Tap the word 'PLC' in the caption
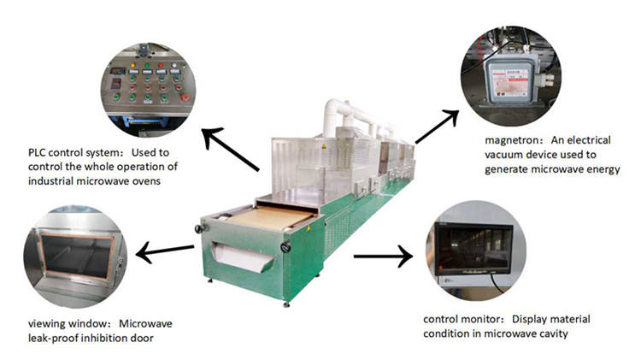tap(37, 152)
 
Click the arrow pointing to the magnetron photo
tap(437, 126)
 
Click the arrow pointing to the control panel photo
tap(231, 149)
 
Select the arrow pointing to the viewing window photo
tap(165, 251)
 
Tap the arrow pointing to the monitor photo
tap(383, 257)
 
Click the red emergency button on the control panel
tap(185, 97)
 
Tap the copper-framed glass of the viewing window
tap(77, 257)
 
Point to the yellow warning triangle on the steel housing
tap(324, 146)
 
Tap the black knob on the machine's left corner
tap(199, 228)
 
